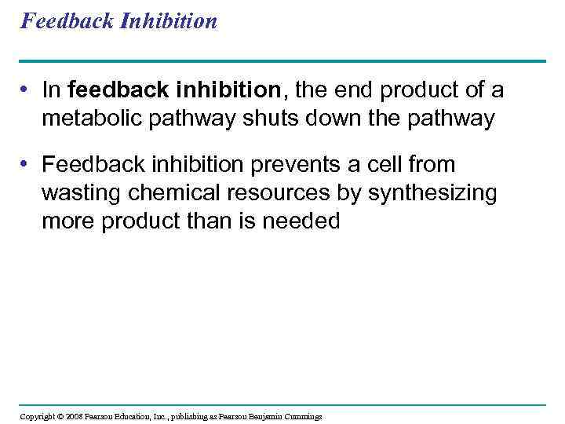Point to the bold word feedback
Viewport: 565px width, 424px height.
[x=106, y=91]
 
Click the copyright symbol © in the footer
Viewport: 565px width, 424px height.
[x=60, y=416]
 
